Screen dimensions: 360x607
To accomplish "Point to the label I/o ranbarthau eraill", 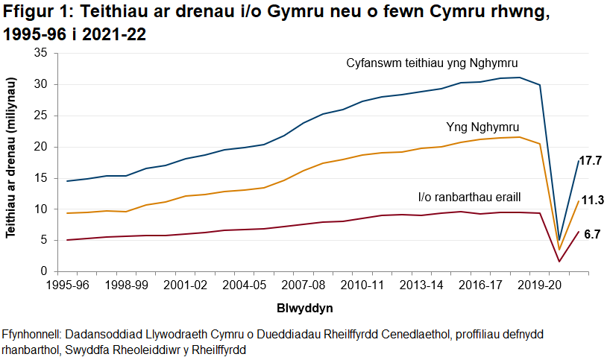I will coord(468,198).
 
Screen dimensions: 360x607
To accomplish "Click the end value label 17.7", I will coord(591,161).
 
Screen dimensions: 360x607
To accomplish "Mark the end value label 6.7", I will coord(592,234).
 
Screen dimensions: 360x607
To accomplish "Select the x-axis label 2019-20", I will coord(538,285).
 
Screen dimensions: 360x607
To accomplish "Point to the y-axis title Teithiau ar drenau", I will coord(11,161).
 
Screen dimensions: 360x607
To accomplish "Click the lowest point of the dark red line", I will coord(559,261).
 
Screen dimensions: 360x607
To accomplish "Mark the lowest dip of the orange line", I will coord(559,250).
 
